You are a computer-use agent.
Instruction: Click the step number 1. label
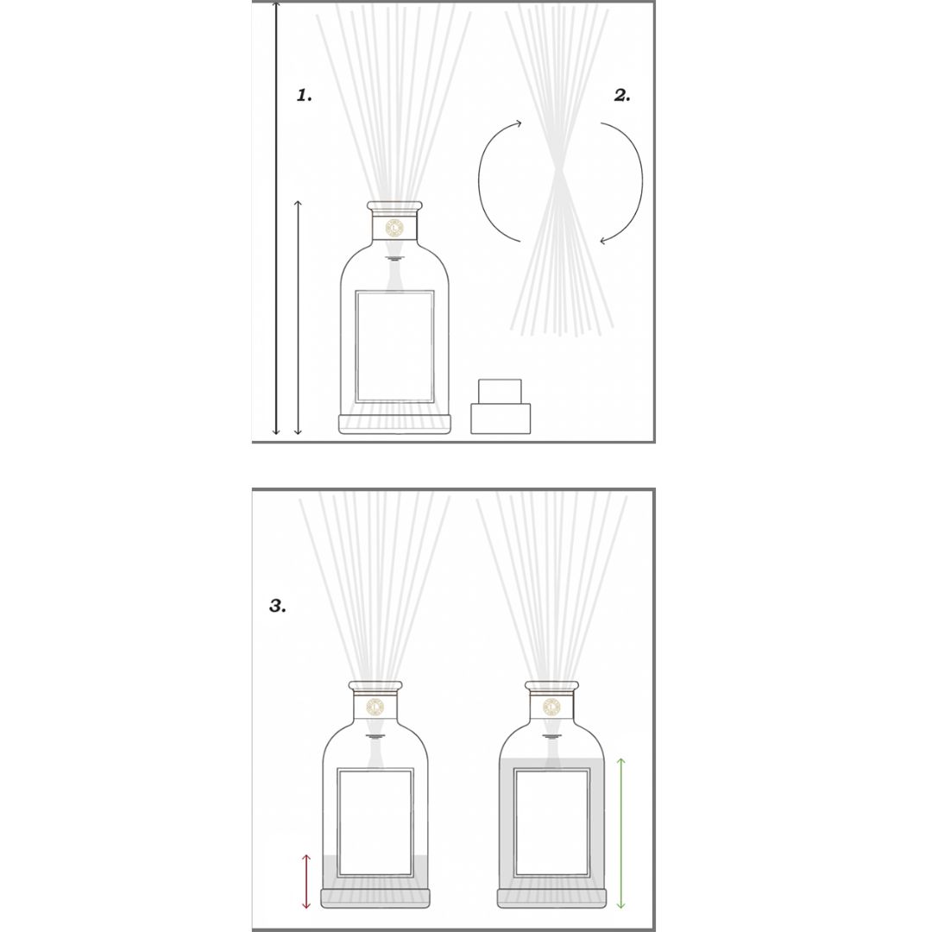[305, 95]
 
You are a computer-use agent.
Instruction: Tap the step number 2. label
[621, 95]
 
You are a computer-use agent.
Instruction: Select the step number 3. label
[278, 606]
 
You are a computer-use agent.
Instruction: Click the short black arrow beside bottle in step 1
[299, 318]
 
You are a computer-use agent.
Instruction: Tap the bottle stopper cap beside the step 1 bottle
[501, 406]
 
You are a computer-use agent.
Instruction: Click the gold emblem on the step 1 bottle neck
[394, 227]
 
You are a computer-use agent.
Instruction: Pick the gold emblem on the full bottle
[551, 707]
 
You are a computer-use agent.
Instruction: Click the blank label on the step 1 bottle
[394, 347]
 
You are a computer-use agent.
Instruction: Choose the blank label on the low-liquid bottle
[375, 822]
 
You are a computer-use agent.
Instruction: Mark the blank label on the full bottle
[551, 822]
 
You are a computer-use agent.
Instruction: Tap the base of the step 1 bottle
[394, 424]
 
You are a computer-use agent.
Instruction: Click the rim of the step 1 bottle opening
[394, 206]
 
